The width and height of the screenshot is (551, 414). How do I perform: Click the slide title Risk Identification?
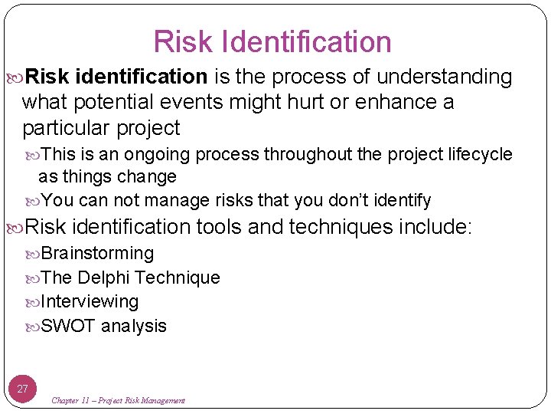click(x=272, y=42)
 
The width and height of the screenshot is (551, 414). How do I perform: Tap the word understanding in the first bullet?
click(x=444, y=77)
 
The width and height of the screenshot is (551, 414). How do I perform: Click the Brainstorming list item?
click(x=96, y=253)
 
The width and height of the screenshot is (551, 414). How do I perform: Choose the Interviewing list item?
click(x=89, y=301)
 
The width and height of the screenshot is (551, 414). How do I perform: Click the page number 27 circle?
click(x=23, y=389)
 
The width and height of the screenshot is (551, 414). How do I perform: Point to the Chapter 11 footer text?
click(x=118, y=400)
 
